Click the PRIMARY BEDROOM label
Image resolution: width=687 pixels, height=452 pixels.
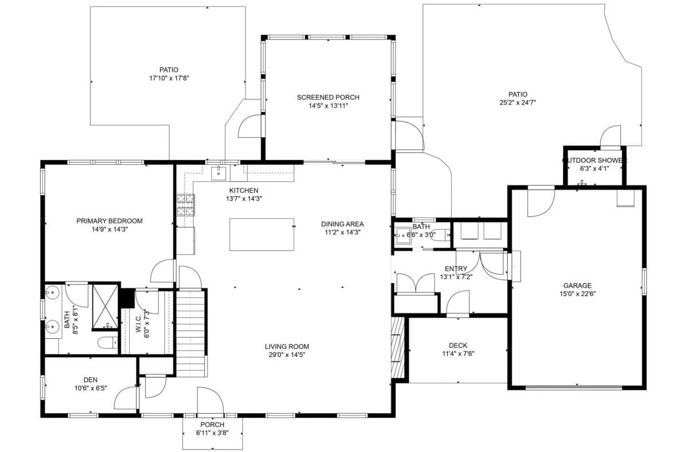coord(109,220)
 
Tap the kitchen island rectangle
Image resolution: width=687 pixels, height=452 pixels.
coord(262,234)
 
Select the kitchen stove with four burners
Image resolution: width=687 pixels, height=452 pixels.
coord(185,204)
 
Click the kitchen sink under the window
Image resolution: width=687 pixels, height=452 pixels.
coord(219,171)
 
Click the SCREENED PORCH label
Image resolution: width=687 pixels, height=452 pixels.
coord(327,97)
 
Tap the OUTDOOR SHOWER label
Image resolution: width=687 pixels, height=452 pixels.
coord(594,161)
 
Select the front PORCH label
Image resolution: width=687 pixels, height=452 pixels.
coord(212,425)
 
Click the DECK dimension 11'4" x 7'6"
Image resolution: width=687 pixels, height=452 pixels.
coord(457,354)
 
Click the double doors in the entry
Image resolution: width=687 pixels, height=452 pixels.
coord(416,283)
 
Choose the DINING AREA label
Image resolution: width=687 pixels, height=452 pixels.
coord(342,224)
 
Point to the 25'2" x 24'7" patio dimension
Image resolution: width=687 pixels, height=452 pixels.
coord(518,103)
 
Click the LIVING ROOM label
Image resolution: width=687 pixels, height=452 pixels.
coord(287,346)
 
